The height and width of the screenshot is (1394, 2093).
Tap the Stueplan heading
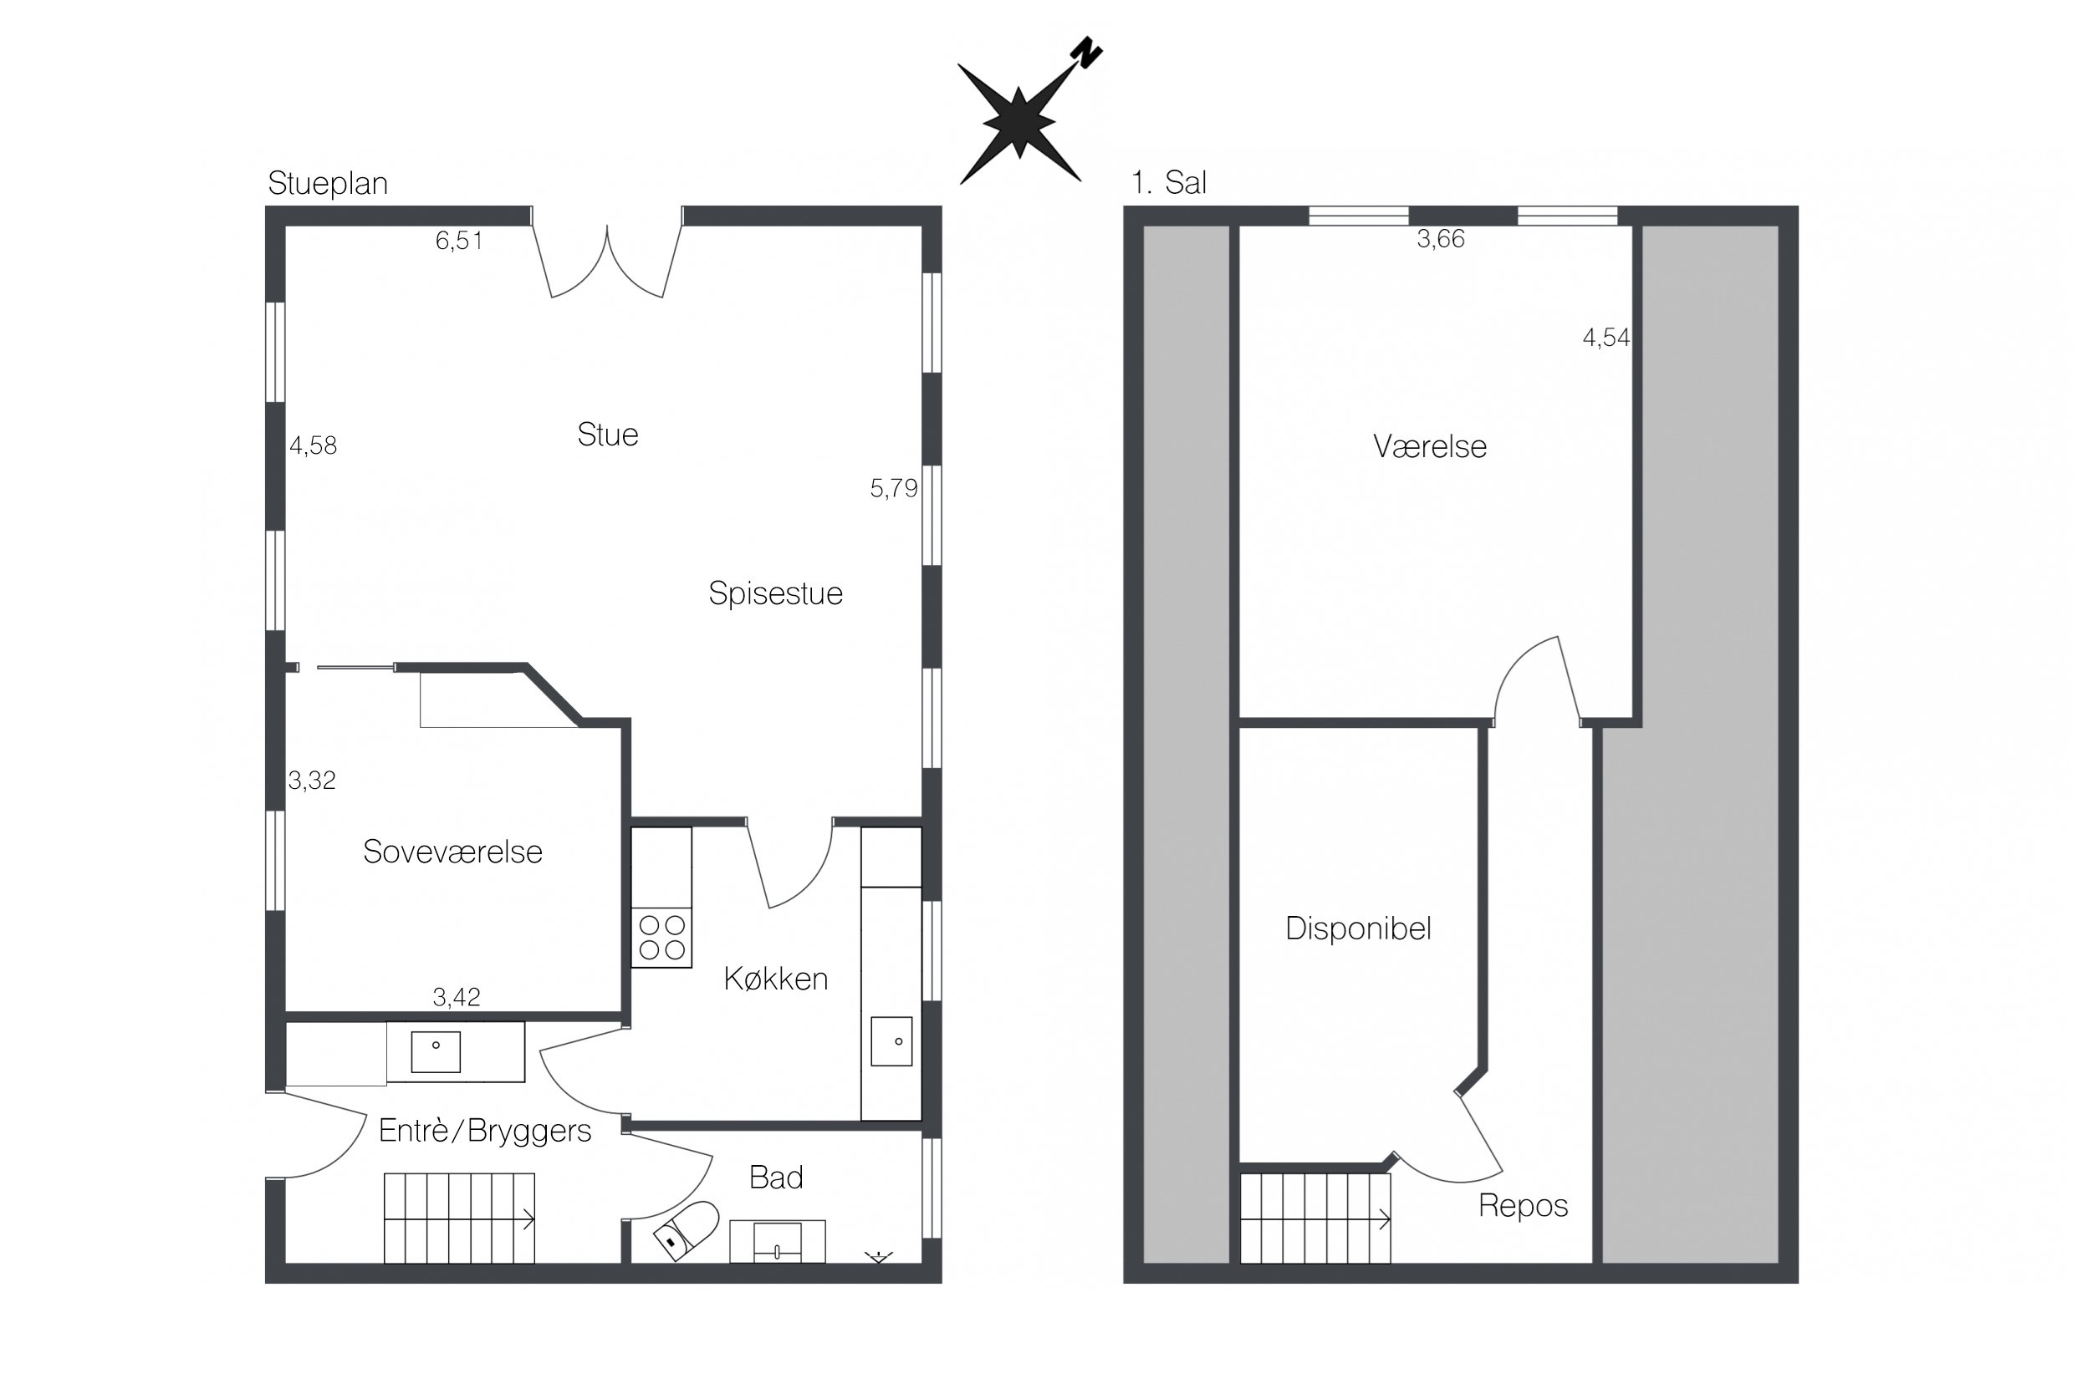coord(327,183)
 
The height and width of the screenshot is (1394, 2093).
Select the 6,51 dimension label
coord(458,241)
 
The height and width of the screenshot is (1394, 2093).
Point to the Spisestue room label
coord(775,593)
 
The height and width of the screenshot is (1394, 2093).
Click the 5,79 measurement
coord(893,488)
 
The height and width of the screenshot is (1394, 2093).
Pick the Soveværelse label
coord(452,852)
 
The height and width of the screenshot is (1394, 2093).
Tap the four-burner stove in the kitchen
coord(661,938)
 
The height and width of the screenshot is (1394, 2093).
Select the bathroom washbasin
coord(777,1241)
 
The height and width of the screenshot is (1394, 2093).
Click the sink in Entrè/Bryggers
coord(435,1051)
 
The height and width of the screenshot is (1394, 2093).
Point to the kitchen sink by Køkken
coord(891,1041)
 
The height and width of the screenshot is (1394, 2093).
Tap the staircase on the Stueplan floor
coord(459,1218)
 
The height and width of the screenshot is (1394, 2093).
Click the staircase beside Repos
coord(1315,1218)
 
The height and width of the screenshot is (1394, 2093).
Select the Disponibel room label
coord(1358,929)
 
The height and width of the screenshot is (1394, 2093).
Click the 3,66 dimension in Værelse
coord(1440,239)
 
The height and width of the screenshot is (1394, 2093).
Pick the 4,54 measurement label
coord(1605,338)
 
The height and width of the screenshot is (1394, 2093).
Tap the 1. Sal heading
coord(1169,183)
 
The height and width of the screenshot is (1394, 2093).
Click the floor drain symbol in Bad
coord(879,1257)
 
